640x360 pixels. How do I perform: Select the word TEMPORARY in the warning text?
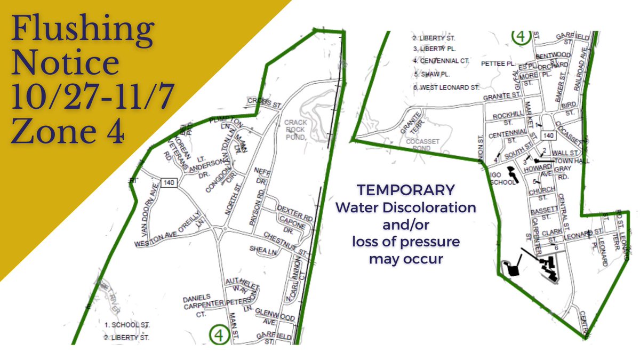click(x=405, y=190)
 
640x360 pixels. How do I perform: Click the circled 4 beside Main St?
click(x=219, y=334)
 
